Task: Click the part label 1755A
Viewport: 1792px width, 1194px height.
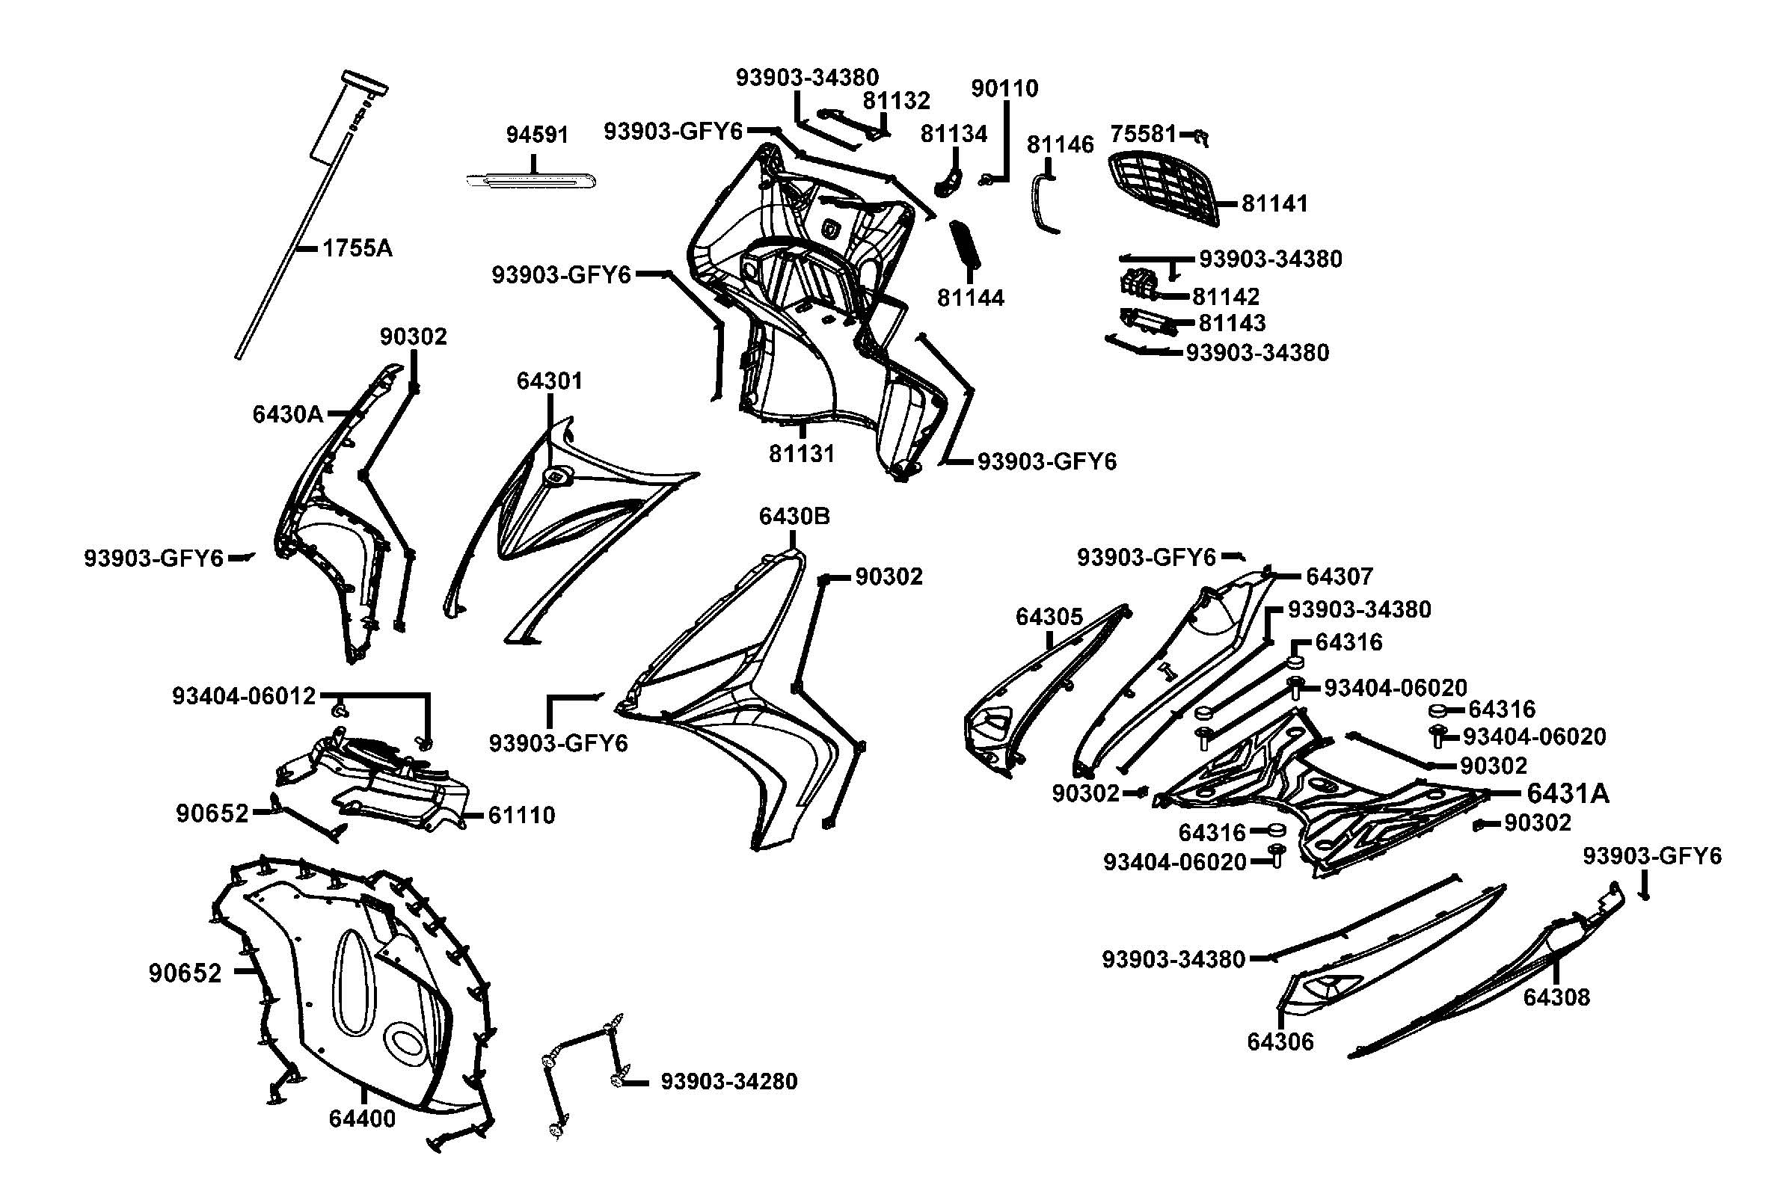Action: point(358,248)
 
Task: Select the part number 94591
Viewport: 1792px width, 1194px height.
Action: point(537,135)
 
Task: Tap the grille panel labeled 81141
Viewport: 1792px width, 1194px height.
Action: point(1162,189)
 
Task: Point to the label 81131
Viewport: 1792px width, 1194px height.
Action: point(801,454)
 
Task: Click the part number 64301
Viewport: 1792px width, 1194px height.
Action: point(549,381)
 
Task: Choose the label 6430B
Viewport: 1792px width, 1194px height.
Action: point(794,517)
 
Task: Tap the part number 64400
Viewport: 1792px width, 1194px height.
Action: point(363,1119)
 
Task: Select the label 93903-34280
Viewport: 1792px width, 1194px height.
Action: point(728,1081)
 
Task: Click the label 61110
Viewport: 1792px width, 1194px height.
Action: point(522,816)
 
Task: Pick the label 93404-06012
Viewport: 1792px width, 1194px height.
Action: point(244,696)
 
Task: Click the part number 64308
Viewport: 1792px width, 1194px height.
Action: point(1556,997)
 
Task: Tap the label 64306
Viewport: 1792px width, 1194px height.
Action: point(1280,1041)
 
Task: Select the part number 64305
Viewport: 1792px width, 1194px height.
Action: point(1049,618)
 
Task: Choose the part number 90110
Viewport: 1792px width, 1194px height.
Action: point(1004,89)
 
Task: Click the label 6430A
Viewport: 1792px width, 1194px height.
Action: point(287,414)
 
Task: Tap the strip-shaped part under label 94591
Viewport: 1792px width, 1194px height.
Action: point(530,181)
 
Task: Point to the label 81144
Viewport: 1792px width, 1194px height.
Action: point(970,298)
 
